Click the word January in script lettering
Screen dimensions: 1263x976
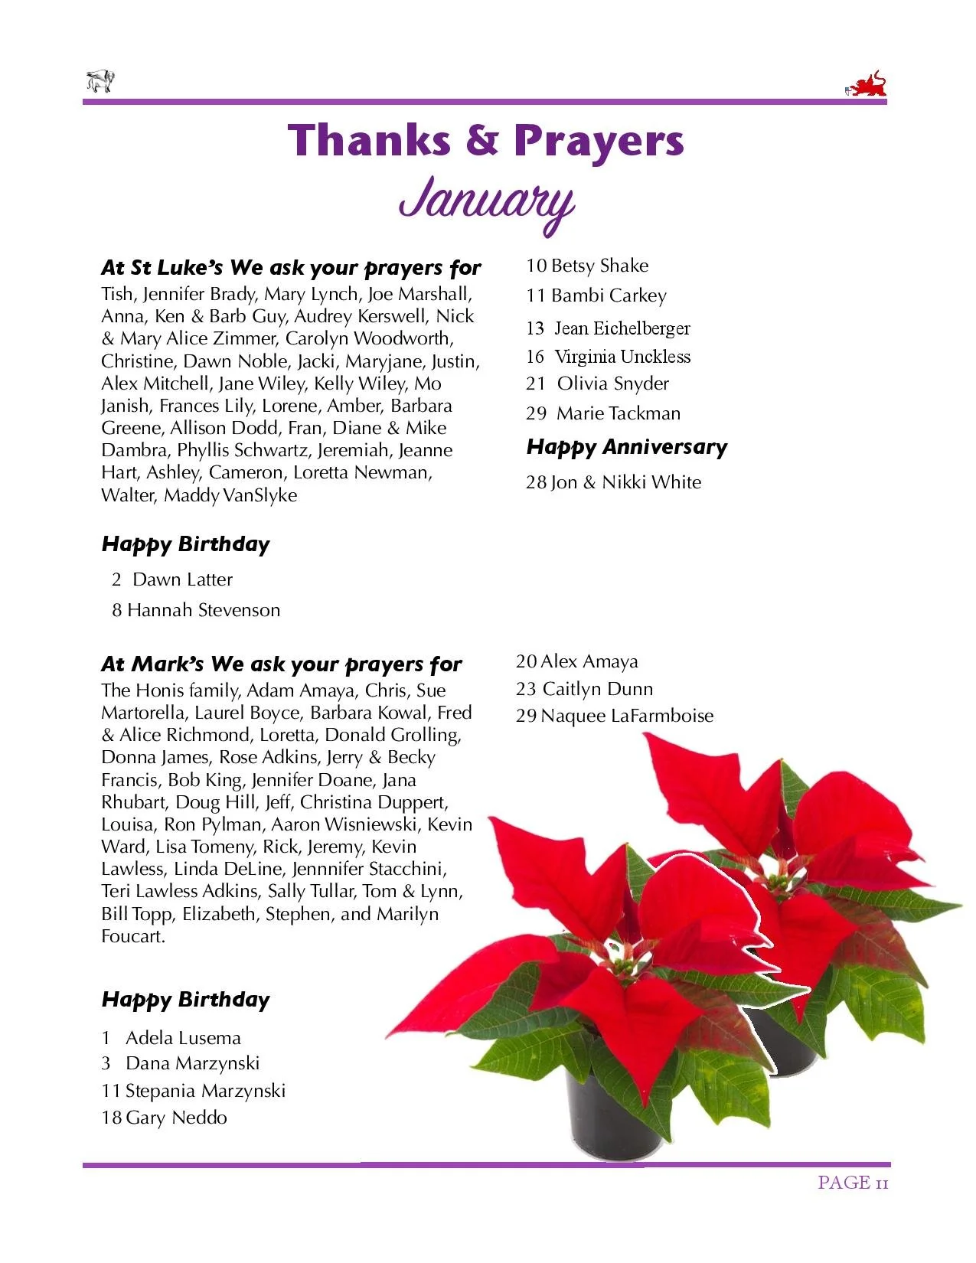coord(487,201)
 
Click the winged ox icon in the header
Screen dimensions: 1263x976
coord(100,81)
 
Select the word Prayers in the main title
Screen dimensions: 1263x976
coord(599,141)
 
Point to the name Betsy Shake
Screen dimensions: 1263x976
coord(599,266)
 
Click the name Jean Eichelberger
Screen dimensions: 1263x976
coord(622,328)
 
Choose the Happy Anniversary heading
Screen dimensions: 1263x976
coord(626,447)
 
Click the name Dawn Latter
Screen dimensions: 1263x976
coord(182,579)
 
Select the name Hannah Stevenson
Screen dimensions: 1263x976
coord(204,610)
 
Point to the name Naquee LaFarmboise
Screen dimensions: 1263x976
coord(627,716)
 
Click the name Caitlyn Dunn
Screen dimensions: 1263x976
coord(597,689)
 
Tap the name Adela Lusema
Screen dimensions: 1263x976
coord(183,1038)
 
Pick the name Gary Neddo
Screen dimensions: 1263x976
coord(176,1118)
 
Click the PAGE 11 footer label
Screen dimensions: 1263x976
coord(852,1183)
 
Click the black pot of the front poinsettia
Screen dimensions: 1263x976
coord(612,1110)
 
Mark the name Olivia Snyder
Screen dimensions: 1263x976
coord(612,383)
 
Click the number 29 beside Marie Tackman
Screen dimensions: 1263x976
coord(536,413)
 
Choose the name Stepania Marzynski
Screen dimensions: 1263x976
coord(205,1091)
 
